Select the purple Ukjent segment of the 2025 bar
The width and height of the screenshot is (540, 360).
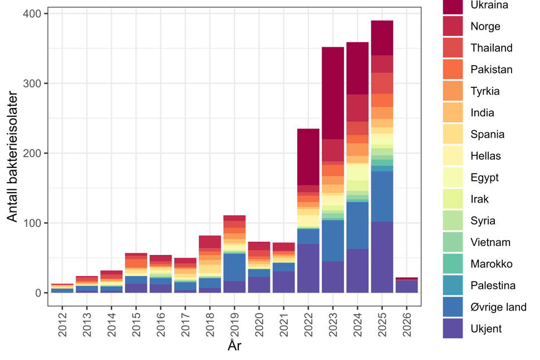coord(381,257)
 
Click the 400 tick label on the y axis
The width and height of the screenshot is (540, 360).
coord(35,13)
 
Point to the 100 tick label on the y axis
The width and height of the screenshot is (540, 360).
coord(35,223)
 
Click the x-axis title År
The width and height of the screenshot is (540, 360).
coord(234,346)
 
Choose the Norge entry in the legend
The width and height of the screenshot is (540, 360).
coord(485,26)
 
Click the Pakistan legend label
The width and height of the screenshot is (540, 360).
coord(491,70)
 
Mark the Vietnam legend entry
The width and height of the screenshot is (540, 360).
coord(490,242)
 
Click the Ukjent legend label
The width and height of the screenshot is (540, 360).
coord(485,328)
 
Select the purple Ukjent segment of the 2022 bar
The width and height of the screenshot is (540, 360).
coord(308,268)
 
